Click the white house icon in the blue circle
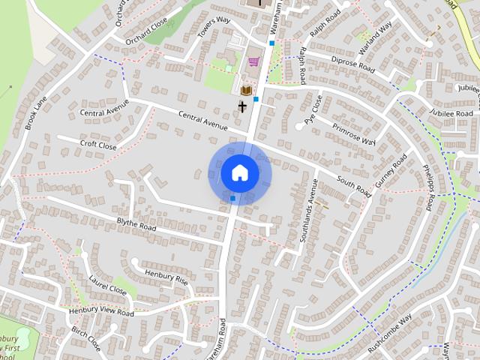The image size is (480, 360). [x=240, y=173]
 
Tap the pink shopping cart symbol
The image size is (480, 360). [x=253, y=62]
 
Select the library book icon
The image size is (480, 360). [x=245, y=90]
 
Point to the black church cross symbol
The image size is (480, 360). [x=242, y=106]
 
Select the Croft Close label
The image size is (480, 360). [x=98, y=143]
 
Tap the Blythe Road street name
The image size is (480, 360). [x=136, y=223]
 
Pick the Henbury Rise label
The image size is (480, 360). [x=166, y=278]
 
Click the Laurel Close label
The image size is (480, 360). [x=107, y=286]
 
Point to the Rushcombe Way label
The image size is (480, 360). [x=390, y=329]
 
